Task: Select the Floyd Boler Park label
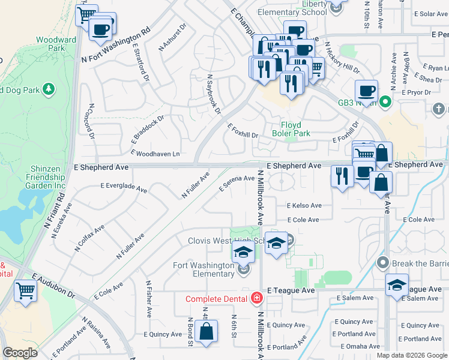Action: coord(291,129)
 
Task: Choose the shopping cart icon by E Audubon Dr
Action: coord(26,291)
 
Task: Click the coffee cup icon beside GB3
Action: coord(366,92)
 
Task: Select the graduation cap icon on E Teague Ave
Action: coord(397,286)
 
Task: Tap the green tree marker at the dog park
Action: coord(49,90)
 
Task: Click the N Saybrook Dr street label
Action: coord(214,94)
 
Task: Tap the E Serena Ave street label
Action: coord(237,182)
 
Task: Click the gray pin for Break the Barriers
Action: coord(382,263)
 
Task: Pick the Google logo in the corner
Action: coord(20,353)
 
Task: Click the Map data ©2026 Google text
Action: coord(411,355)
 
